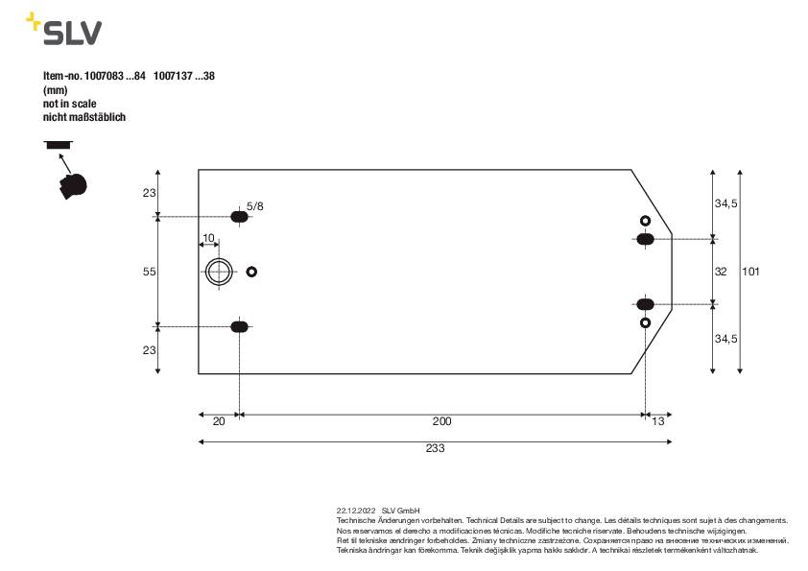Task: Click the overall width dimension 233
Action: pos(435,448)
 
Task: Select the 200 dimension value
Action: pos(441,421)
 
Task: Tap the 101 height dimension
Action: pos(750,273)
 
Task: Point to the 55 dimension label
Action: pos(149,273)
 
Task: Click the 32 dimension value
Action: pos(721,273)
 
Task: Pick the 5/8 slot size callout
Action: pos(255,206)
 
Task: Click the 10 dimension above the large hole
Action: pos(208,238)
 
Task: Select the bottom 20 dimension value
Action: pos(218,421)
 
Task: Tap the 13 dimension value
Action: pos(657,421)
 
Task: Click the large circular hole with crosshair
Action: pos(220,273)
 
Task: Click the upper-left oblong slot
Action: pos(240,218)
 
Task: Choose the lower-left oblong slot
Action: pos(240,327)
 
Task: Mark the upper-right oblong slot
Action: pos(646,238)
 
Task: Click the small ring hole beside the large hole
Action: pos(251,273)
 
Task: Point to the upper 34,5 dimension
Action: pos(726,204)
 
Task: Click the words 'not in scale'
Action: pos(70,103)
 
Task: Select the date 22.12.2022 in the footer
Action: pos(356,511)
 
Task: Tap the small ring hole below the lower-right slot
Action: pos(646,323)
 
